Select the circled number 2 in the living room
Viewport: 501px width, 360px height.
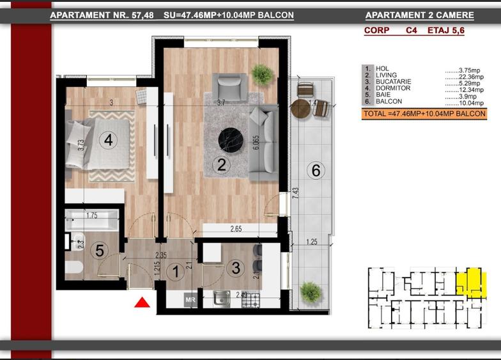[x=222, y=165]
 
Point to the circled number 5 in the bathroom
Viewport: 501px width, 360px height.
[x=98, y=251]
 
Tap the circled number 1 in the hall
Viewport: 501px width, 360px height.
[x=174, y=271]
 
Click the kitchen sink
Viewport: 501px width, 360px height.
[x=222, y=298]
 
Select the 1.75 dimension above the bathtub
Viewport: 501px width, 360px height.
[x=91, y=215]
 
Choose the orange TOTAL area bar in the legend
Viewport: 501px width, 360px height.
[x=423, y=114]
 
